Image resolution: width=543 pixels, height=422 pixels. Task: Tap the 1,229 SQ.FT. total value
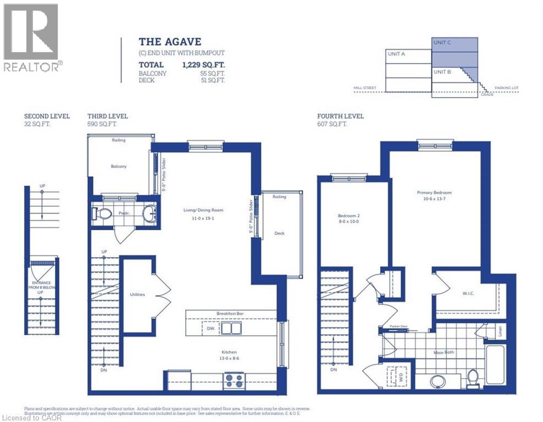click(x=203, y=64)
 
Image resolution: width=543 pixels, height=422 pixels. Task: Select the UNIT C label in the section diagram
click(x=442, y=42)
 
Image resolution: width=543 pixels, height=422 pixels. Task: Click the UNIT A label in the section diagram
click(x=396, y=54)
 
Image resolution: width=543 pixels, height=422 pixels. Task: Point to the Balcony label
click(x=118, y=166)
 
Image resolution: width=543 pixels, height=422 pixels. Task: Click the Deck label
click(x=279, y=233)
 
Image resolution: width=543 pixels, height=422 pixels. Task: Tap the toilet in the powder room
click(x=100, y=213)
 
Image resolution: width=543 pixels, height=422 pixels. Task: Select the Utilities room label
click(x=137, y=295)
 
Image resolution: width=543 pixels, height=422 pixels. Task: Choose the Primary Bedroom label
click(x=434, y=193)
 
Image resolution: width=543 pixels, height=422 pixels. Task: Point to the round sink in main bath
click(x=438, y=381)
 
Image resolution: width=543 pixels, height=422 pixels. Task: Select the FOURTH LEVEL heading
click(x=340, y=116)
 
